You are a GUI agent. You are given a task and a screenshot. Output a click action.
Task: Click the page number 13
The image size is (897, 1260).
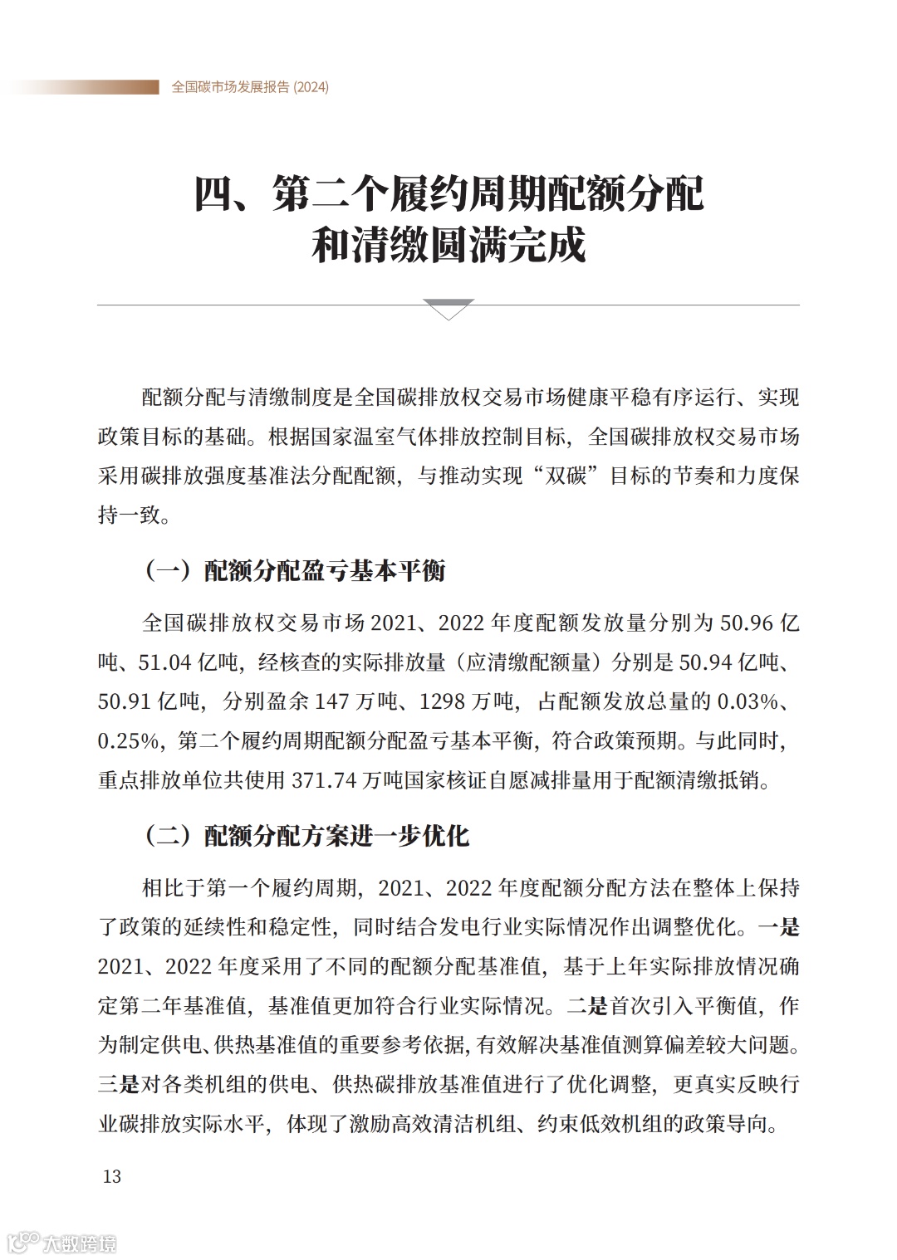pos(111,1176)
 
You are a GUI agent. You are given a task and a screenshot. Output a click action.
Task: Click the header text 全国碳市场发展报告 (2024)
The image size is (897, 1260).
pos(250,87)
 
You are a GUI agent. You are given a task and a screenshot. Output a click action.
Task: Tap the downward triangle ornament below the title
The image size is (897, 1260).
pos(448,309)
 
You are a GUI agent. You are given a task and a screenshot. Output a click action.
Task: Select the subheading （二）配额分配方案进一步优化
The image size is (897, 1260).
pos(306,836)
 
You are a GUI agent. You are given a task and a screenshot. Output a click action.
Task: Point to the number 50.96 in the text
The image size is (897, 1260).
pos(747,623)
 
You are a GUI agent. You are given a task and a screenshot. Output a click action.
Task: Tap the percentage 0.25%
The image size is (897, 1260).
pos(130,741)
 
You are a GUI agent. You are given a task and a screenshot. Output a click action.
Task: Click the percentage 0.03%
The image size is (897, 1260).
pos(748,701)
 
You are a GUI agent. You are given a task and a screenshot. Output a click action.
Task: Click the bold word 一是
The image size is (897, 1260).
pos(778,927)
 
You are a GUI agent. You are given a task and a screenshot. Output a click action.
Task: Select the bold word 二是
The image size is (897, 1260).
pos(587,1006)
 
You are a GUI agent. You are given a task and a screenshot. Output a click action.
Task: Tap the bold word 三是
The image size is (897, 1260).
pos(119,1084)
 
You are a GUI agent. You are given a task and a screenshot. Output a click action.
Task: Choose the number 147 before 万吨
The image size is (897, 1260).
pos(331,701)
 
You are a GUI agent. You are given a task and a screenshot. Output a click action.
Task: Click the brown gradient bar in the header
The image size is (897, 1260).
pos(83,87)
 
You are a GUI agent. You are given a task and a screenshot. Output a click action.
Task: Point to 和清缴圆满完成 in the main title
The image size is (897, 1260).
pos(448,245)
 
